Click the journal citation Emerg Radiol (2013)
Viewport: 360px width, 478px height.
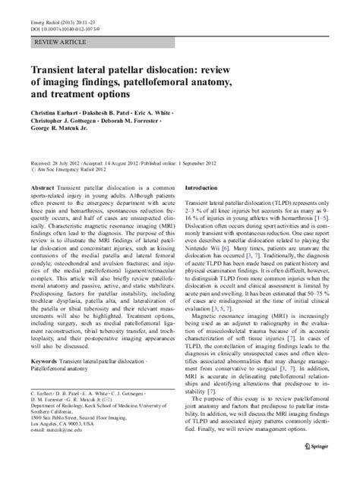pyautogui.click(x=57, y=21)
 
